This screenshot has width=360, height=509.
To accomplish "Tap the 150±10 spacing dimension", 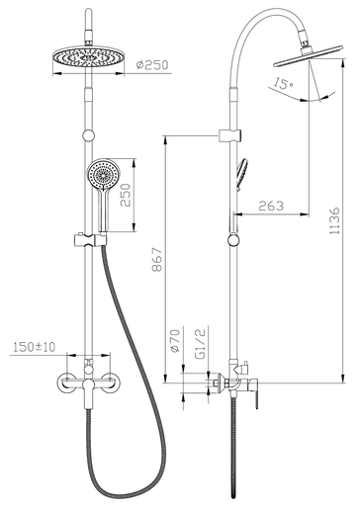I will [x=33, y=347].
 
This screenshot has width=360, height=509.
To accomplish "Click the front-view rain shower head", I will [x=91, y=57].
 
